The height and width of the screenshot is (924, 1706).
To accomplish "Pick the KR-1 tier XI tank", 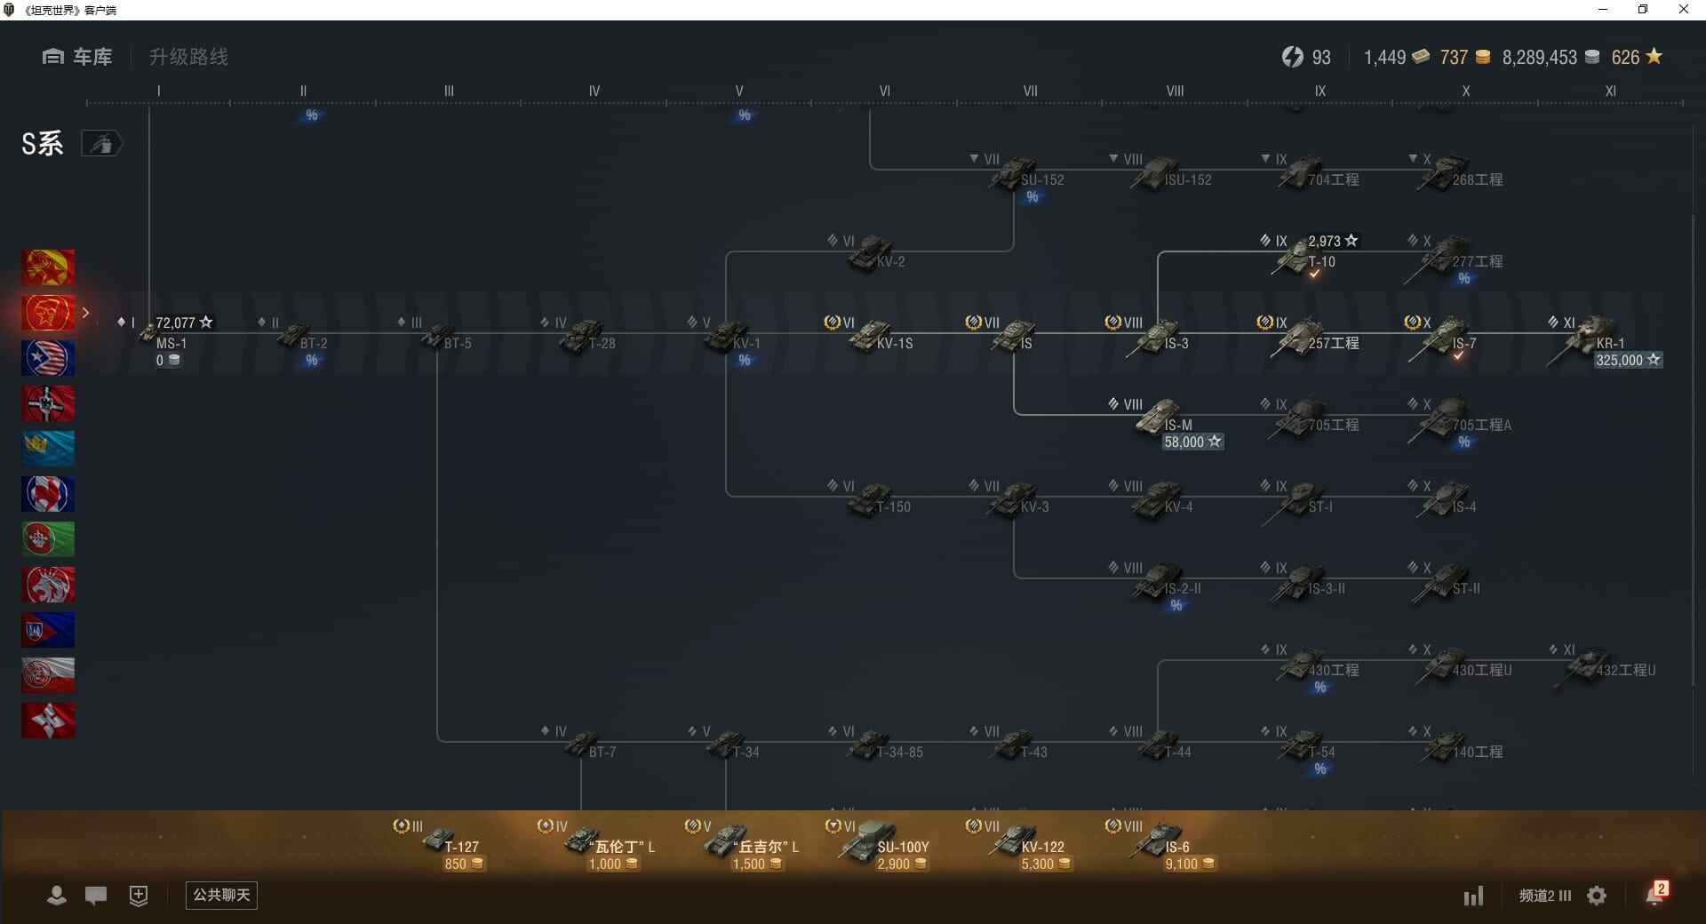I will tap(1594, 337).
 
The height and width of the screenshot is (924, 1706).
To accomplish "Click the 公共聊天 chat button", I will tap(221, 895).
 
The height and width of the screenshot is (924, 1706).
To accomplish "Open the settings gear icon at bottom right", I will tap(1597, 896).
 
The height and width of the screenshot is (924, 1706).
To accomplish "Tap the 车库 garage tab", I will tap(78, 57).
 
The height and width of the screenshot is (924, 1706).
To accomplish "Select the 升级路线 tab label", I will tap(188, 57).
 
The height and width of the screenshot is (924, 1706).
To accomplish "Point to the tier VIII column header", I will tap(1175, 91).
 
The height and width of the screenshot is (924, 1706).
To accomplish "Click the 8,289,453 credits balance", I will tap(1540, 58).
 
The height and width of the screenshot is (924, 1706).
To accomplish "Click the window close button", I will tap(1683, 10).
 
